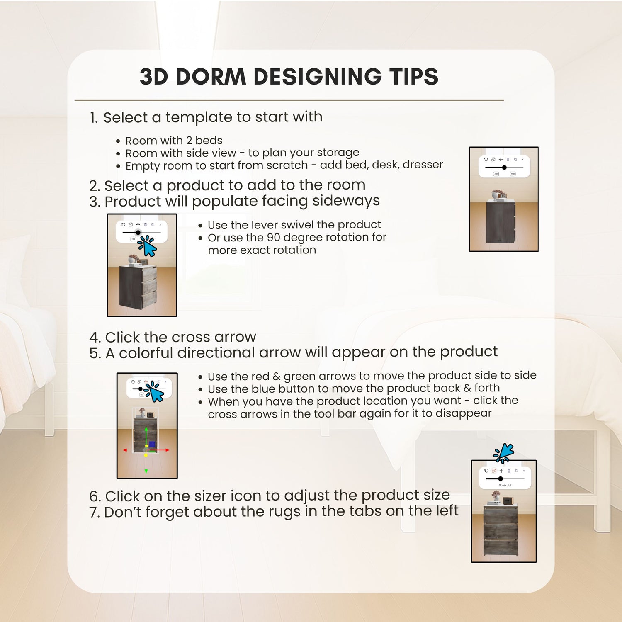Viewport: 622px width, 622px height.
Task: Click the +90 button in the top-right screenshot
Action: pyautogui.click(x=513, y=174)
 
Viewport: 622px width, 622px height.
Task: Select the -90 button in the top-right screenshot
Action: pyautogui.click(x=496, y=174)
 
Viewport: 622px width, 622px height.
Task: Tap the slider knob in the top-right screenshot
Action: pyautogui.click(x=504, y=168)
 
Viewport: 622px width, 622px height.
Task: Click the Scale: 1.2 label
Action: pyautogui.click(x=505, y=485)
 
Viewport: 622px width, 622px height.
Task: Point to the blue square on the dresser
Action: pyautogui.click(x=152, y=444)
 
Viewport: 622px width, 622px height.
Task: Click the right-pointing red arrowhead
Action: pyautogui.click(x=167, y=450)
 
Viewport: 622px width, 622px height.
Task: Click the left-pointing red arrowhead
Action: pyautogui.click(x=125, y=450)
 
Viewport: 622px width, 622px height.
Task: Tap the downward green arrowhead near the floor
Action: pyautogui.click(x=146, y=471)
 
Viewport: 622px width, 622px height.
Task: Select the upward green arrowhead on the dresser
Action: pyautogui.click(x=146, y=429)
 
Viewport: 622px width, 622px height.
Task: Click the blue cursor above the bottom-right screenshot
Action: pyautogui.click(x=504, y=453)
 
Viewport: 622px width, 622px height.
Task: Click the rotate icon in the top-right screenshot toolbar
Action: pyautogui.click(x=486, y=159)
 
